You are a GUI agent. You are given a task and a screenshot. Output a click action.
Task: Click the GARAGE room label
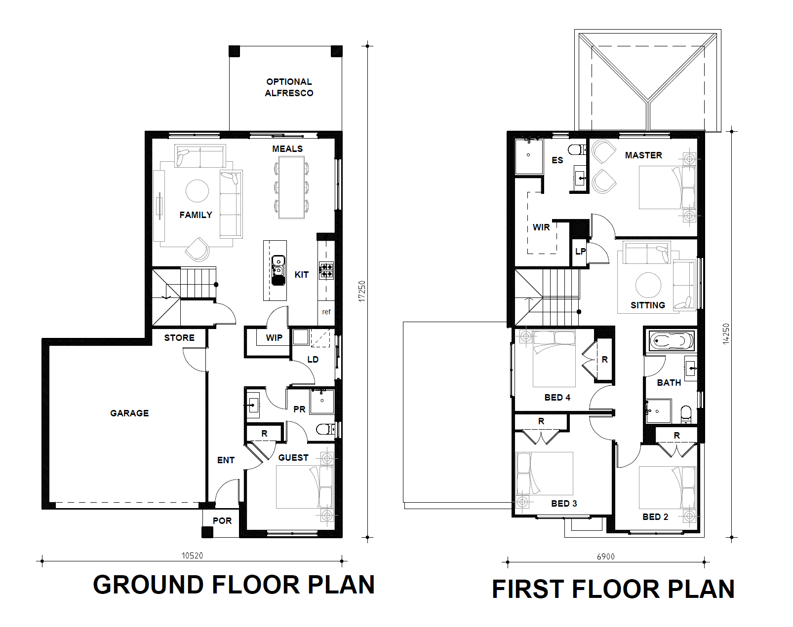(129, 413)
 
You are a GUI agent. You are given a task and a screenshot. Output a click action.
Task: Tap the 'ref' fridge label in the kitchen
(326, 312)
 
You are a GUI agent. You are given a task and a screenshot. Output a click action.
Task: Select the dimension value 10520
(192, 555)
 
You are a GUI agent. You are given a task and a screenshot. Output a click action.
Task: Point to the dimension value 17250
(362, 291)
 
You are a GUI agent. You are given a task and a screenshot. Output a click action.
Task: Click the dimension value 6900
(606, 556)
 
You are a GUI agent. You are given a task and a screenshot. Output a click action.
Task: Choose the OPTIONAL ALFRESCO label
(289, 87)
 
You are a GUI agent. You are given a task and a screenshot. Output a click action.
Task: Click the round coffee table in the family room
(197, 191)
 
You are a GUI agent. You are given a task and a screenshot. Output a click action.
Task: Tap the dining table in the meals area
(291, 187)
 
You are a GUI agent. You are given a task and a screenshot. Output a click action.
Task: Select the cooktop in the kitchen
(326, 270)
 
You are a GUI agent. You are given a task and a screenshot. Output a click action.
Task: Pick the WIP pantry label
(274, 337)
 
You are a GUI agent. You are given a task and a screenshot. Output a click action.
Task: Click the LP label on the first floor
(580, 252)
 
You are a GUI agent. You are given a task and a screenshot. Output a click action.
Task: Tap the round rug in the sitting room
(648, 285)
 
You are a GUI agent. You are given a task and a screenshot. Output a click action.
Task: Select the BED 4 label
(557, 397)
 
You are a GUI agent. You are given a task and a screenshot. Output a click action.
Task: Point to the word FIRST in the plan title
(528, 589)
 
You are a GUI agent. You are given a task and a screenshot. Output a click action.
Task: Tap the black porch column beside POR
(207, 532)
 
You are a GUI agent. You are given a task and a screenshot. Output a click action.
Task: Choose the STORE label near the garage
(179, 337)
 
